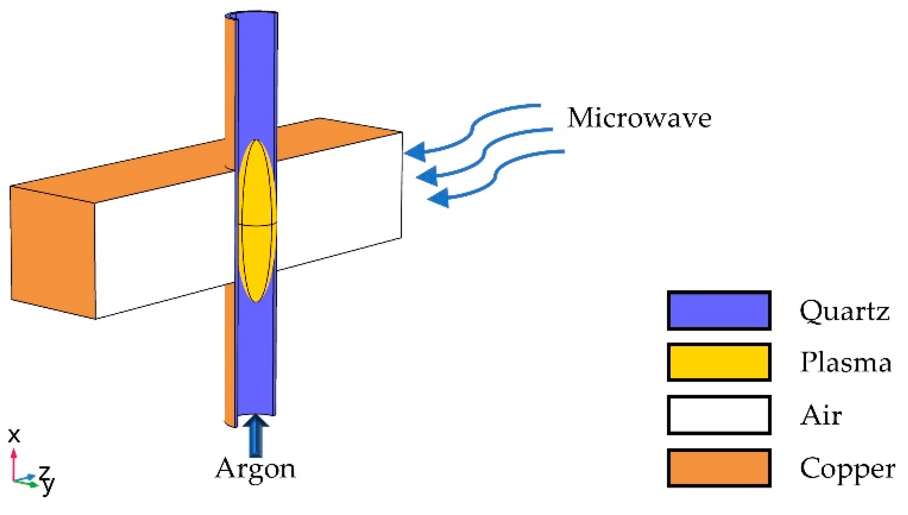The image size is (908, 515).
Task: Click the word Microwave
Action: [x=639, y=118]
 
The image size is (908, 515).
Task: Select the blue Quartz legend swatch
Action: [x=719, y=311]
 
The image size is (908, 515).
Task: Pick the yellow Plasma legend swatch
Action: [x=719, y=362]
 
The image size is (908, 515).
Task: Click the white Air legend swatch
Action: [x=719, y=415]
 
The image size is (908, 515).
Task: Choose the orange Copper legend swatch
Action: [x=719, y=468]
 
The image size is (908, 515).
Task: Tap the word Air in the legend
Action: [x=821, y=415]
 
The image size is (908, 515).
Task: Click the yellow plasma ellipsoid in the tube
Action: [x=257, y=220]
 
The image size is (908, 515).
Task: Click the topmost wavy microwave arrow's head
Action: [x=415, y=152]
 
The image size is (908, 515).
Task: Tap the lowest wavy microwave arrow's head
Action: [x=439, y=199]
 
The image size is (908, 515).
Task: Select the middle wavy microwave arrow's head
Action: [x=427, y=176]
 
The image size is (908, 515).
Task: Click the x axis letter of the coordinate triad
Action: [x=14, y=435]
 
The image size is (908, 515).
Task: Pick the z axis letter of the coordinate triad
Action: [x=44, y=471]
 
